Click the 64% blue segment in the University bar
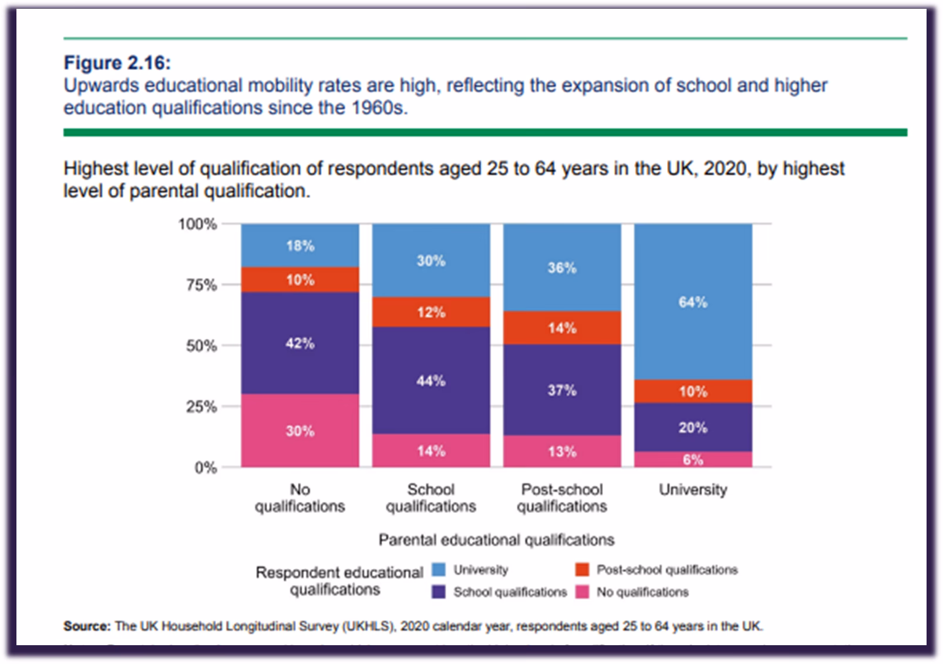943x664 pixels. (693, 302)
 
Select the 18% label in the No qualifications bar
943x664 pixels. (300, 246)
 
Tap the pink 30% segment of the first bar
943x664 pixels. (300, 431)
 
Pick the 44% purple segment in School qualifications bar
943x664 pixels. (431, 381)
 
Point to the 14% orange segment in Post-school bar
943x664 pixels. (562, 328)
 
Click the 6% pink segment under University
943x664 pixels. (693, 460)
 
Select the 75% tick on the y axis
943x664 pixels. (201, 286)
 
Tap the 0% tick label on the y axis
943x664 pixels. (206, 468)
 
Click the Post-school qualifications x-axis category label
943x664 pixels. (562, 498)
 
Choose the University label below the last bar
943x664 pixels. (693, 489)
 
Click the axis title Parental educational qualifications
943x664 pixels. (496, 539)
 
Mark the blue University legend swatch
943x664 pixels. (439, 569)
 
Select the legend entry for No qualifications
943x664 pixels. (642, 592)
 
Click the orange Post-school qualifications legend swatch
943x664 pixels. (582, 569)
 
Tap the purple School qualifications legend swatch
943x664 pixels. (439, 592)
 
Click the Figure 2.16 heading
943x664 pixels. (117, 62)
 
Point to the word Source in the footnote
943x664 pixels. (86, 626)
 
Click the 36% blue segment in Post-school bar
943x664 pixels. (562, 268)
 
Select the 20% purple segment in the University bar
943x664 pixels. (693, 427)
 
